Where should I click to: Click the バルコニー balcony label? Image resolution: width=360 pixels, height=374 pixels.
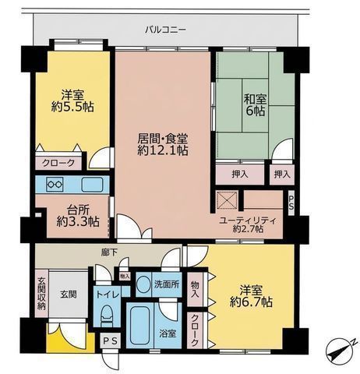tap(166, 30)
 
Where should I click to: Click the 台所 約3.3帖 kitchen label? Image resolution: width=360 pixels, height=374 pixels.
tap(77, 216)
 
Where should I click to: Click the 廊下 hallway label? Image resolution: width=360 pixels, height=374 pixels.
tap(109, 252)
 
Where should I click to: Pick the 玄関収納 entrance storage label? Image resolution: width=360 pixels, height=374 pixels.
tap(41, 297)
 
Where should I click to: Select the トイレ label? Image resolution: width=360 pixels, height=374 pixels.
tap(108, 295)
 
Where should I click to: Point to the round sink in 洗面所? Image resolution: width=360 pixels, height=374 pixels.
tap(143, 284)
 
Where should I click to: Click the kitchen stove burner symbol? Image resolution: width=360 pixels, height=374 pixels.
tap(55, 185)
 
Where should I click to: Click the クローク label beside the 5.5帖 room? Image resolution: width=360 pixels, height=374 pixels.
tap(56, 163)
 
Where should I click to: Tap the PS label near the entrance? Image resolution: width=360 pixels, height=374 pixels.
tap(110, 341)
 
